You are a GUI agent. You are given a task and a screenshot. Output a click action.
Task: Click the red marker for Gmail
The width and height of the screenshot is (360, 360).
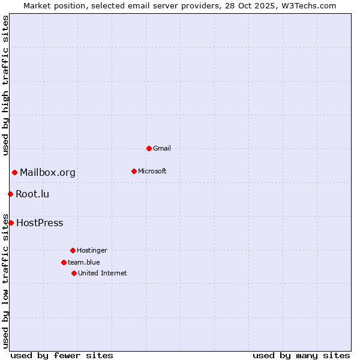pos(149,148)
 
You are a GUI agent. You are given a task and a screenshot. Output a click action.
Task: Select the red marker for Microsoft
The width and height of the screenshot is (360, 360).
pos(134,171)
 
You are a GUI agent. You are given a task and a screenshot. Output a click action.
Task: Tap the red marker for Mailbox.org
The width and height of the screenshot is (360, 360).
pos(14,173)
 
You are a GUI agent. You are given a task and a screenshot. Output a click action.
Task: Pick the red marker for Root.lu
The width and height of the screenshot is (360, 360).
pos(10,194)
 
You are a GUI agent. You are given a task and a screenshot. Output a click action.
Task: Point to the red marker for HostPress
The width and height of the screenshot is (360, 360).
pos(11,223)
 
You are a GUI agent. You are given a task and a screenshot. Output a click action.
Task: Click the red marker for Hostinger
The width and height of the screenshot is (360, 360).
pos(73,250)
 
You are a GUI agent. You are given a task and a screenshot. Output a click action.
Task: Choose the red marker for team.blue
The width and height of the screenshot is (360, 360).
pos(64,262)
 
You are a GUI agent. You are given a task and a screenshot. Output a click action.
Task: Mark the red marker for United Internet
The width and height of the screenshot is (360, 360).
pos(74,273)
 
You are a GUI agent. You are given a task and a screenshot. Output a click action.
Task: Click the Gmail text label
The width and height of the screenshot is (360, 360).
pos(162,148)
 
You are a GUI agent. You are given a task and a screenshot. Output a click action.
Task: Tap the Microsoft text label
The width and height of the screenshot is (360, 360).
pos(152,171)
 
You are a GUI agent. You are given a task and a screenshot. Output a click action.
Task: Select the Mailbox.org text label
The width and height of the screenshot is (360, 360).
pos(47,173)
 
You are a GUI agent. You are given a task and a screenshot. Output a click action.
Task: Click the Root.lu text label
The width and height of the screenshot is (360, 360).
pos(32,194)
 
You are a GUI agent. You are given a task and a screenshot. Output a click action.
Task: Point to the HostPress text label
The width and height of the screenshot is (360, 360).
pos(40,223)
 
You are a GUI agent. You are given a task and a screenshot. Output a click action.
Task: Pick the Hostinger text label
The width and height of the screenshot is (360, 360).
pos(92,250)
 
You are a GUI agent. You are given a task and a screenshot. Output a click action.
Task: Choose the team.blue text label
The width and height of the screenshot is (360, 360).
pos(83,262)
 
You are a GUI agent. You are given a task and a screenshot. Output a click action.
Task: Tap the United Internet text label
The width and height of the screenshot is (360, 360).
pos(102,273)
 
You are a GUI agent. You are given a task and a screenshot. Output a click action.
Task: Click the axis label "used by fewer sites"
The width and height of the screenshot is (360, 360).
pos(62,355)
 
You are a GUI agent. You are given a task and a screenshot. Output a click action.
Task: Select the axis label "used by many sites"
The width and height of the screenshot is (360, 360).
pos(301,355)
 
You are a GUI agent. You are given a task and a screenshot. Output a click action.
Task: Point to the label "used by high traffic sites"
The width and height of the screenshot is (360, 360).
pos(5,85)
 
